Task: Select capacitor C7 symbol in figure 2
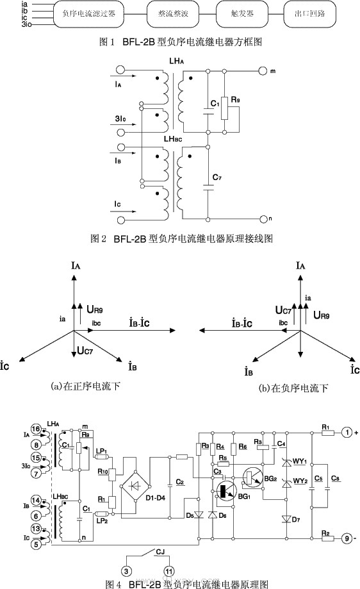208,186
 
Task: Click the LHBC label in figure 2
174,139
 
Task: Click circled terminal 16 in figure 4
36,428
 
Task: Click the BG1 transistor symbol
224,491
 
